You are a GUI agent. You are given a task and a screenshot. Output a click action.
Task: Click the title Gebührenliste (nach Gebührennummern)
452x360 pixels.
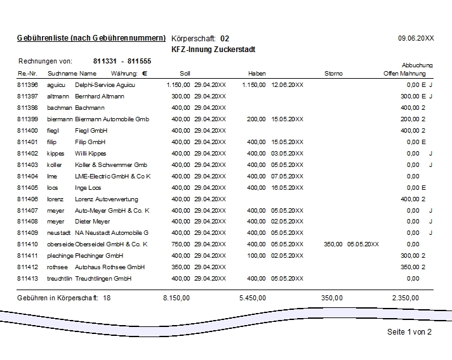pyautogui.click(x=91, y=38)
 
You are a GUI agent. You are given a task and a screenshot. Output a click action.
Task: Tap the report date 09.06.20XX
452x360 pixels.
pyautogui.click(x=416, y=38)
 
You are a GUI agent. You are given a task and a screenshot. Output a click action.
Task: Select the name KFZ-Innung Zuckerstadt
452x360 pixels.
pyautogui.click(x=213, y=49)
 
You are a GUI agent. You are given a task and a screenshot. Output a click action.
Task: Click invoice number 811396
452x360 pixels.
pyautogui.click(x=27, y=84)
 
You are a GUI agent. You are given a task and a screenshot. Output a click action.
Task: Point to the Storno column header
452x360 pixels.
pyautogui.click(x=333, y=74)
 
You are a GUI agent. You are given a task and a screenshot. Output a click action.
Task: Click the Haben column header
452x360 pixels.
pyautogui.click(x=257, y=74)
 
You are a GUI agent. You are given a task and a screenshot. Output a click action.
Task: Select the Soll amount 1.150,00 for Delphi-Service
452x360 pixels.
pyautogui.click(x=178, y=84)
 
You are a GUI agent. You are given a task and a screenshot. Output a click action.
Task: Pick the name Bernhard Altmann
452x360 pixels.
pyautogui.click(x=100, y=96)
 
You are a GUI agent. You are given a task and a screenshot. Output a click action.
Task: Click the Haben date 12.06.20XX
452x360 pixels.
pyautogui.click(x=287, y=84)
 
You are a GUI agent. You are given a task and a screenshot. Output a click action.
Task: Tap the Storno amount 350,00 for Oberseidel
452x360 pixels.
pyautogui.click(x=333, y=244)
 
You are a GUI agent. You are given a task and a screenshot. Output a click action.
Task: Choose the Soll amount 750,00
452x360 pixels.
pyautogui.click(x=181, y=244)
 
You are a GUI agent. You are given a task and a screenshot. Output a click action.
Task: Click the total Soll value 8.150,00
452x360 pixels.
pyautogui.click(x=176, y=297)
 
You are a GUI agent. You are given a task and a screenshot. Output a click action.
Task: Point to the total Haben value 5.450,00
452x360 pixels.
pyautogui.click(x=253, y=297)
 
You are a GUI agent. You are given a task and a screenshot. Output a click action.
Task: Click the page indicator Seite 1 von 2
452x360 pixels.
pyautogui.click(x=409, y=332)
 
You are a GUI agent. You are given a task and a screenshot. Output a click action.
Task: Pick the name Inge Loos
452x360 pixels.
pyautogui.click(x=88, y=187)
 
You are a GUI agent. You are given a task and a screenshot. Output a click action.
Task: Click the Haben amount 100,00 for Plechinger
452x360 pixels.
pyautogui.click(x=256, y=255)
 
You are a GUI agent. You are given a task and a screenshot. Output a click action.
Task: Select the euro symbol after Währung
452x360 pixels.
pyautogui.click(x=145, y=74)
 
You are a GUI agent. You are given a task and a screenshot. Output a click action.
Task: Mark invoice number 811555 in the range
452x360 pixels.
pyautogui.click(x=138, y=61)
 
